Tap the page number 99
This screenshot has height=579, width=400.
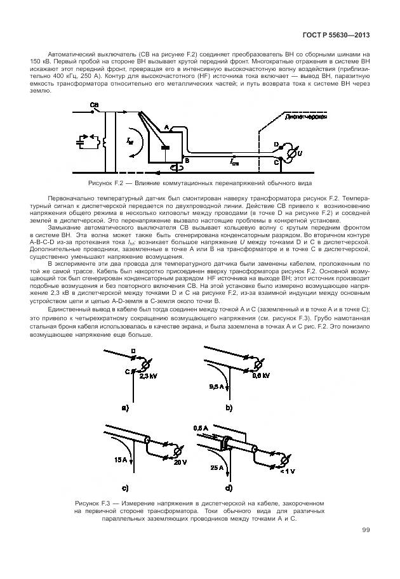[366, 530]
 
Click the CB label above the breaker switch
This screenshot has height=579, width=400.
[94, 104]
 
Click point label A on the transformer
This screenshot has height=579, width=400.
[166, 127]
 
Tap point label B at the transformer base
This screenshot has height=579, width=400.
[186, 162]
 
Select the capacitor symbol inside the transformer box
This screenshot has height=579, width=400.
[164, 148]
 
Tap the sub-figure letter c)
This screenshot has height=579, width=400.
[125, 488]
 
